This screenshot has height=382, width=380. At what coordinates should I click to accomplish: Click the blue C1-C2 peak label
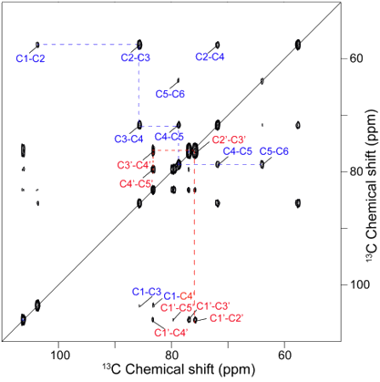[30, 58]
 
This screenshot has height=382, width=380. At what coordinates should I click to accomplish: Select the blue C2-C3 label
[136, 57]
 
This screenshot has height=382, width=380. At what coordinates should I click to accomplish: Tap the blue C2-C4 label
[210, 57]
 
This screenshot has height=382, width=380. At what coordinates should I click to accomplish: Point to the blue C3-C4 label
[128, 139]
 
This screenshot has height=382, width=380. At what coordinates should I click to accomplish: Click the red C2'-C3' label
[229, 139]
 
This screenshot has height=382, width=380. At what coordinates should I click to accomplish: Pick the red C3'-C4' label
[134, 165]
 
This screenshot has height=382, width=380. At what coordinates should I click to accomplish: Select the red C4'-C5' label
[137, 183]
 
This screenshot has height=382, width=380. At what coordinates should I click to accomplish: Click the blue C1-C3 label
[147, 292]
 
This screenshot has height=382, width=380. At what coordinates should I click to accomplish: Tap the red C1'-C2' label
[227, 318]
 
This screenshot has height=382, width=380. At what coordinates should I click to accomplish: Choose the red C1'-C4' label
[171, 333]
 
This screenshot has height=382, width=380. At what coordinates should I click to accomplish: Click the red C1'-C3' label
[213, 306]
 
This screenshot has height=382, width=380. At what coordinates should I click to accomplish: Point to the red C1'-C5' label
[177, 307]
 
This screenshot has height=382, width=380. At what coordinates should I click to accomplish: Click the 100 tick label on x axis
[60, 355]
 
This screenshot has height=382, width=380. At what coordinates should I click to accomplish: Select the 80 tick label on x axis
[171, 355]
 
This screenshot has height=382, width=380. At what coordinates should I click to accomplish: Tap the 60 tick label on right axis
[356, 58]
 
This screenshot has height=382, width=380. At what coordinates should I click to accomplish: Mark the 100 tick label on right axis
[360, 284]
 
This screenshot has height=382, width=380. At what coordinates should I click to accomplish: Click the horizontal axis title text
[179, 369]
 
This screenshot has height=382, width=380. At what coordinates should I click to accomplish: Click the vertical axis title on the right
[371, 185]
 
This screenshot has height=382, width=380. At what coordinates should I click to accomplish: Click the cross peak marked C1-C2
[37, 45]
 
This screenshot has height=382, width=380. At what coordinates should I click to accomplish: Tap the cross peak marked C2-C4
[218, 45]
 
